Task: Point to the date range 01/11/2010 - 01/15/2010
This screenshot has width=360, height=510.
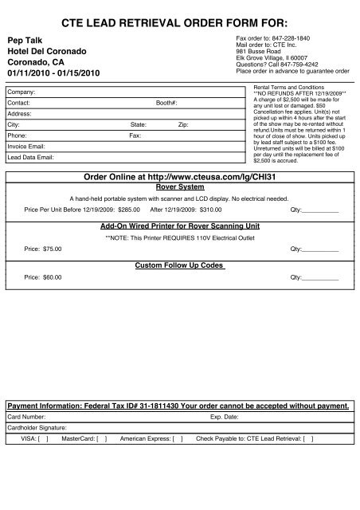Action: click(x=55, y=73)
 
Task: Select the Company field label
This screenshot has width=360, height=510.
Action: click(x=21, y=92)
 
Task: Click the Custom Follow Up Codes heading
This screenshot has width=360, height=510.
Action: click(x=179, y=265)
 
